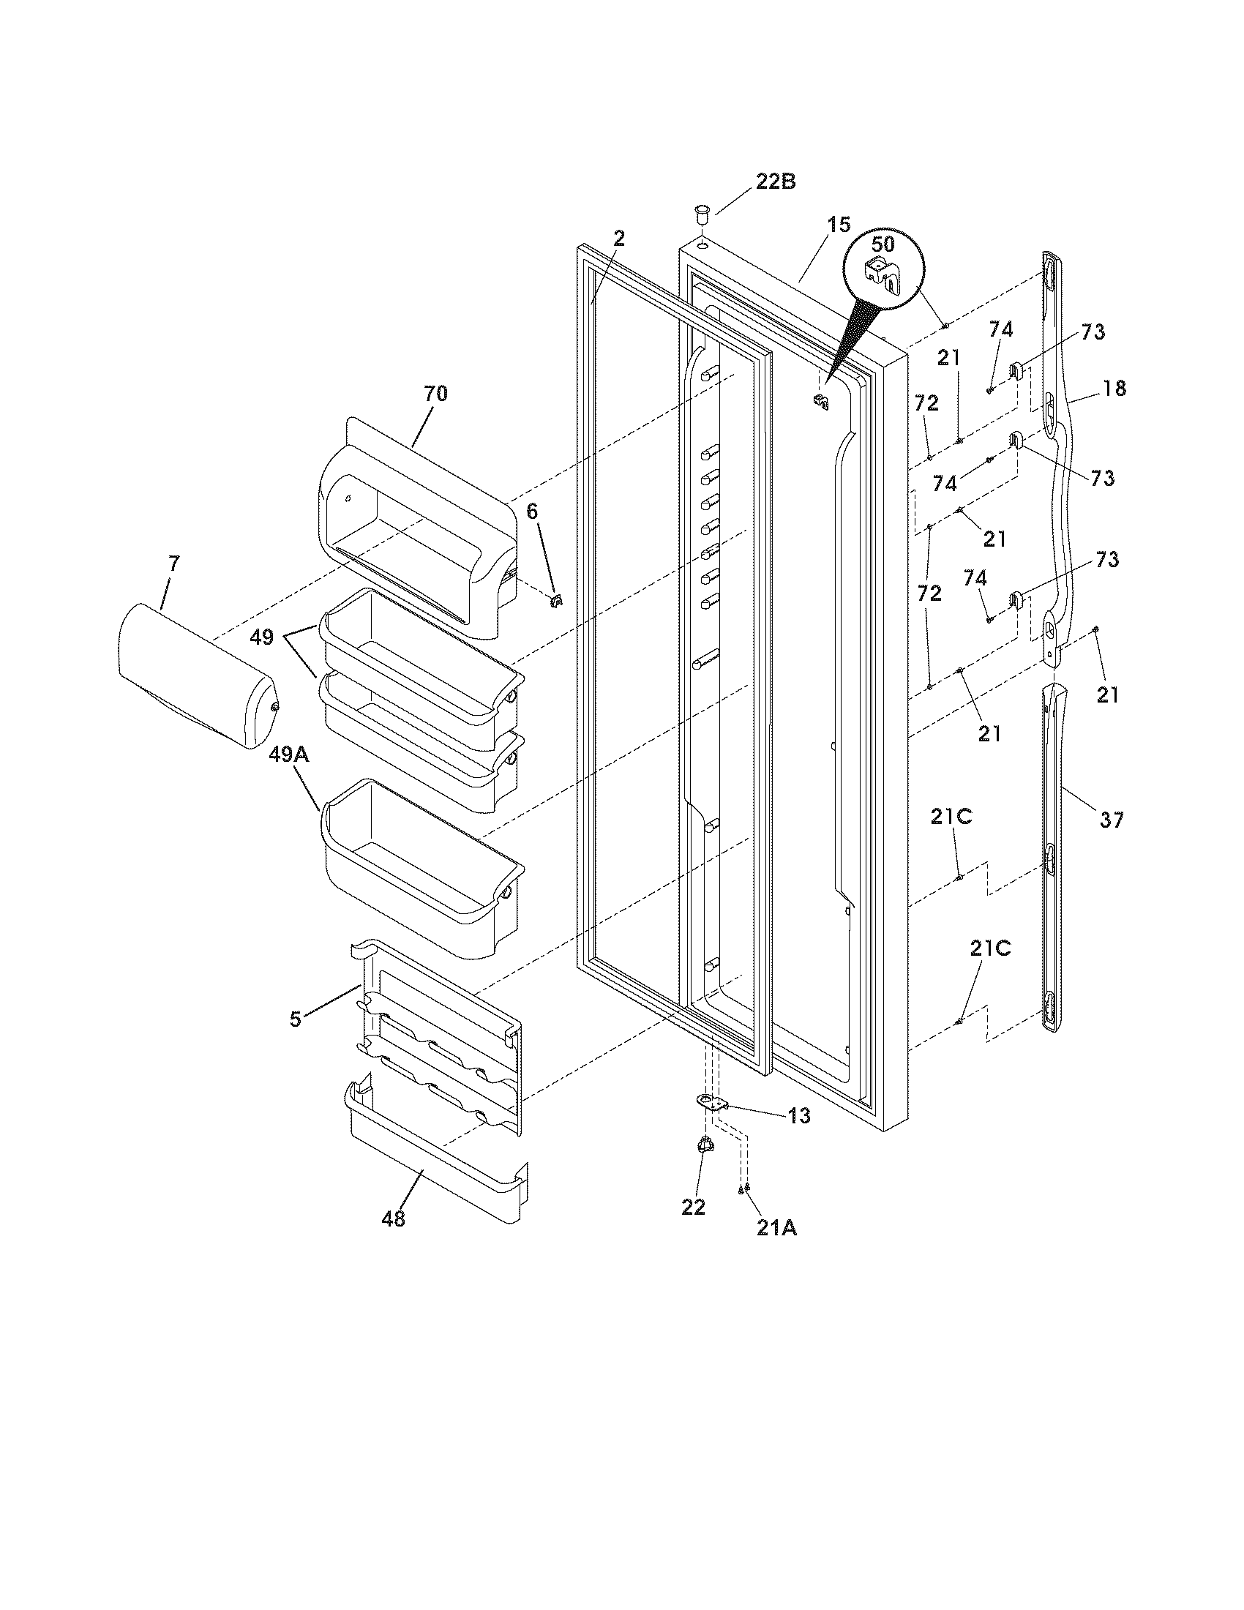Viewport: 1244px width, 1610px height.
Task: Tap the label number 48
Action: (x=393, y=1219)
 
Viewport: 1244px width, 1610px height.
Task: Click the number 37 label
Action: (x=1112, y=819)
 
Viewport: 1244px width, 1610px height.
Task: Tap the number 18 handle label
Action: (x=1115, y=388)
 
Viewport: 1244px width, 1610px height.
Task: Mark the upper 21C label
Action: (x=951, y=816)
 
